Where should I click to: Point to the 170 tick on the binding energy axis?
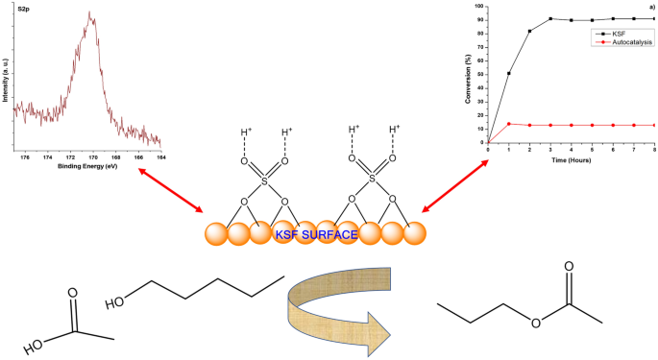tap(93, 156)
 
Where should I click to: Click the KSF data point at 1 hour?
tap(508, 73)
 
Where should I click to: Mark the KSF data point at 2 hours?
tap(529, 32)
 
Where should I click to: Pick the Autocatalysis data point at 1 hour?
tap(508, 124)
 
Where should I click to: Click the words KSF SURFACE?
tap(316, 234)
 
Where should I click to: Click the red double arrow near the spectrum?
tap(171, 190)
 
